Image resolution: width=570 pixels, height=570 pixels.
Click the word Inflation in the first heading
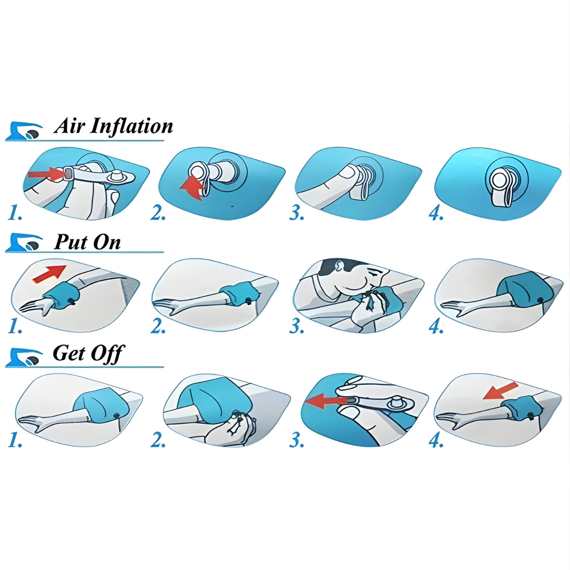131,126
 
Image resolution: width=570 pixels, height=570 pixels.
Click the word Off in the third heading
108,354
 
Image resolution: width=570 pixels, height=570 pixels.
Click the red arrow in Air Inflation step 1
47,174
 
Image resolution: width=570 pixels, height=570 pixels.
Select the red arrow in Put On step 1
48,275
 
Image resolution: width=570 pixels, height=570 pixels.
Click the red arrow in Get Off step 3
325,401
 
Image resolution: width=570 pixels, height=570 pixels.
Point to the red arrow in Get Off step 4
501,390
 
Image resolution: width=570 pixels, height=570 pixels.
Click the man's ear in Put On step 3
340,266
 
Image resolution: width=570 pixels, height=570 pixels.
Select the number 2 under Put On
158,326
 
